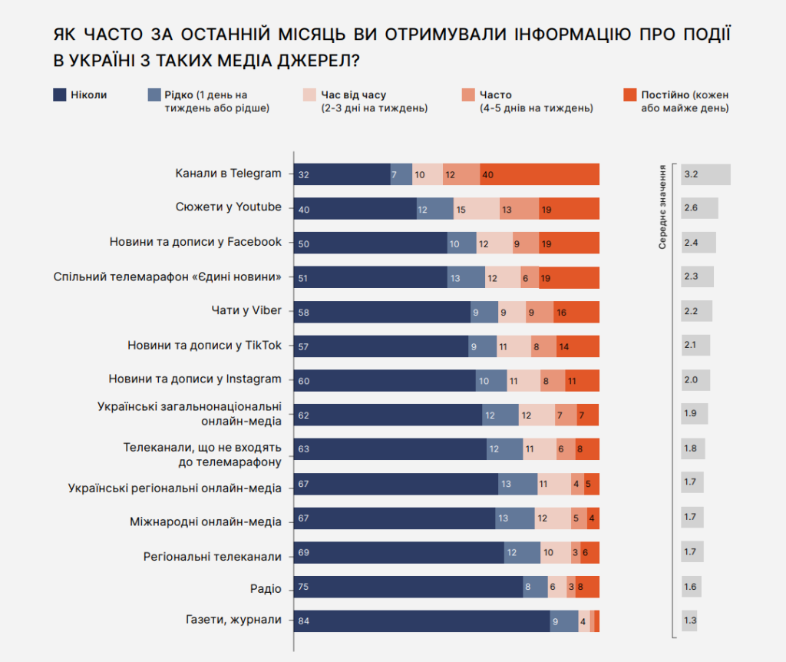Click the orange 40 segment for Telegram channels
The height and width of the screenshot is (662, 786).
pyautogui.click(x=540, y=175)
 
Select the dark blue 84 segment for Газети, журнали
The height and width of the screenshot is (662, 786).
pyautogui.click(x=421, y=621)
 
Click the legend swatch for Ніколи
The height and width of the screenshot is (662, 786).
pyautogui.click(x=59, y=95)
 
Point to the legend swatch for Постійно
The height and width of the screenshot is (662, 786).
pyautogui.click(x=629, y=95)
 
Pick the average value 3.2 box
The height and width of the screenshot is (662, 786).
pyautogui.click(x=705, y=174)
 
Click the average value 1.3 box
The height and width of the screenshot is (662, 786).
pyautogui.click(x=689, y=621)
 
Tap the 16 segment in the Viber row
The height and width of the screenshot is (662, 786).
pyautogui.click(x=576, y=312)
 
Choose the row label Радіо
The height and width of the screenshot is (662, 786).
pyautogui.click(x=266, y=588)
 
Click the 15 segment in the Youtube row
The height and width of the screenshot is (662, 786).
pyautogui.click(x=476, y=209)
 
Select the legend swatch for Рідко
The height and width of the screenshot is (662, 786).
pyautogui.click(x=154, y=95)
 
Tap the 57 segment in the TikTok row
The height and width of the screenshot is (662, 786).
pyautogui.click(x=381, y=346)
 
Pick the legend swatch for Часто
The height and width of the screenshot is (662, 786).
pyautogui.click(x=467, y=95)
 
